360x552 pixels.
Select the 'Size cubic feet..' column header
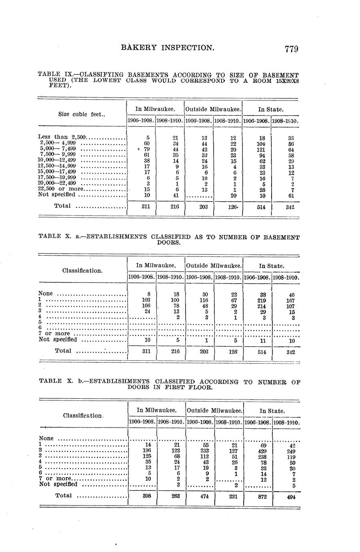click(82, 114)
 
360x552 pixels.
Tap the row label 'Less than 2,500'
click(62, 137)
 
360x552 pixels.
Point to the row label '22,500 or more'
click(61, 189)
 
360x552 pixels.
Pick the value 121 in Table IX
click(261, 150)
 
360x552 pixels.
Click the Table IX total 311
click(146, 207)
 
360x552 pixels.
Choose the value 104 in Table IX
click(261, 144)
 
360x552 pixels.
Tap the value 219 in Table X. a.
click(262, 300)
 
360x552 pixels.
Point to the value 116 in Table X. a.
click(204, 300)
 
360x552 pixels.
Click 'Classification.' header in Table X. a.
click(82, 271)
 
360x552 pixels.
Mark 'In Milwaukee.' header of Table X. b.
click(157, 410)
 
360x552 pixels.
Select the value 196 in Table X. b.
click(147, 451)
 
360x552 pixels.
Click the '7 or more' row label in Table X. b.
click(55, 478)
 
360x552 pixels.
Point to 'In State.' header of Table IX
click(271, 109)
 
